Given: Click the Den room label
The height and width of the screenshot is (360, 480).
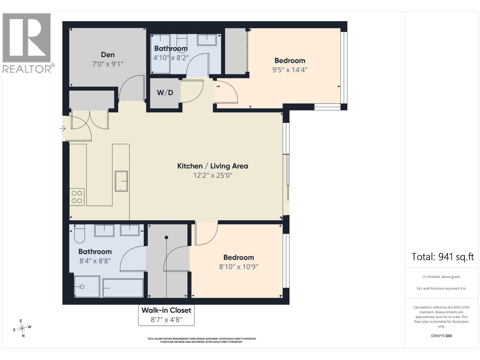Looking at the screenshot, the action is pos(108,55).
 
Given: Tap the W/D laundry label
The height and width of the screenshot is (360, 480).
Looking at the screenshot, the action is pos(165,93).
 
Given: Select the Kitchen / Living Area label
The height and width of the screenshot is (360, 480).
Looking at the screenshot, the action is pos(213,166).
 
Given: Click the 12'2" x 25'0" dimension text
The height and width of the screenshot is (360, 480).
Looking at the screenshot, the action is pos(213,175).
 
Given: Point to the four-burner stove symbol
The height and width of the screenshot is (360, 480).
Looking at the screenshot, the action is pos(77,197).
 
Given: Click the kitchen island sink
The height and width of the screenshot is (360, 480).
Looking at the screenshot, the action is pos(121,181).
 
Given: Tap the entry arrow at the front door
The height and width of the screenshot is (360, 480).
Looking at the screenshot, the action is pos(62,128).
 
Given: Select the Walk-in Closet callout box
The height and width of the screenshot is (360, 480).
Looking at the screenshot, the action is pos(166,315).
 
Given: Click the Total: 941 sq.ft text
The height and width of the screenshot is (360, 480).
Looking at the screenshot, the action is pos(442,257).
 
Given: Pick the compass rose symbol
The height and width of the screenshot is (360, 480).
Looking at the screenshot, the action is pos(22,328).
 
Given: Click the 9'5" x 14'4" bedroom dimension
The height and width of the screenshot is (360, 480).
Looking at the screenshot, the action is pos(290,70).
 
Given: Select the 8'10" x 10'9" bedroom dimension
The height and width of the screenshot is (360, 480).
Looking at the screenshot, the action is pos(238,267).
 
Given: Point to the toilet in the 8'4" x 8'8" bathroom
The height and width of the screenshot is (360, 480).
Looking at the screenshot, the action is pos(79,234).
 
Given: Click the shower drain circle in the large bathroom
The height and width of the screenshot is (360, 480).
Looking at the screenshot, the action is pos(82,287).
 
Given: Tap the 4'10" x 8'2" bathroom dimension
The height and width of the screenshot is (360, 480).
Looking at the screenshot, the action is pos(171,58).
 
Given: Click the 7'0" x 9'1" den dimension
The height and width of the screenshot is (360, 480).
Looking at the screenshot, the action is pos(108,64).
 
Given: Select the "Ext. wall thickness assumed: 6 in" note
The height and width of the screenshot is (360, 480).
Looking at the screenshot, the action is pos(441,289).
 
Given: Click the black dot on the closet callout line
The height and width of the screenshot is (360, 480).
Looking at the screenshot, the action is pos(166,237).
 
